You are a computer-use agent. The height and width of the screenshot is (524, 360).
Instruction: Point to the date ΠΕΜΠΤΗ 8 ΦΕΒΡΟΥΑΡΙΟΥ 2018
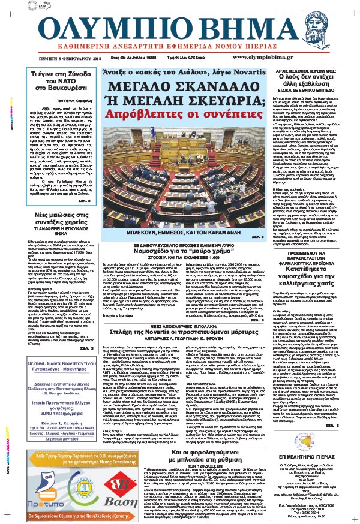58,75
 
